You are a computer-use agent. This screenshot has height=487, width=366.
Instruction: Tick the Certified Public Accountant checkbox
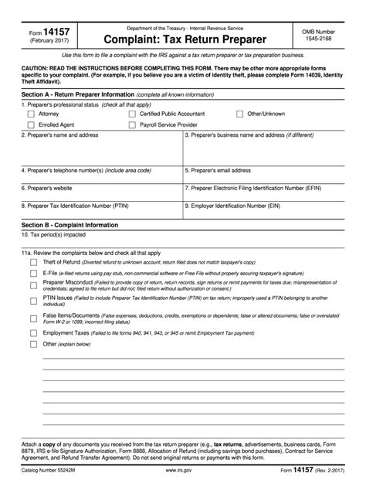pos(131,114)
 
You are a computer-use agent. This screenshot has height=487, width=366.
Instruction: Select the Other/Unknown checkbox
pos(240,114)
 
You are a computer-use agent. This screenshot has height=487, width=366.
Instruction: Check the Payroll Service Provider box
pos(131,124)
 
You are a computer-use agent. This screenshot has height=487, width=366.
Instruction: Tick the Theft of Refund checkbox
pos(33,262)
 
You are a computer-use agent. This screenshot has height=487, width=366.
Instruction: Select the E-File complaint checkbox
pos(33,273)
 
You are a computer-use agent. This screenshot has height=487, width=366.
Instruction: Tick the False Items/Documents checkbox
pos(33,318)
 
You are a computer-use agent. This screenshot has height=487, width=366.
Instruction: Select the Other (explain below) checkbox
pos(33,344)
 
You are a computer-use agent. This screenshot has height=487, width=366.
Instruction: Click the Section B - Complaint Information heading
pos(70,225)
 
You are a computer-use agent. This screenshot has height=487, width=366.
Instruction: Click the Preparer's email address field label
pos(219,170)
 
